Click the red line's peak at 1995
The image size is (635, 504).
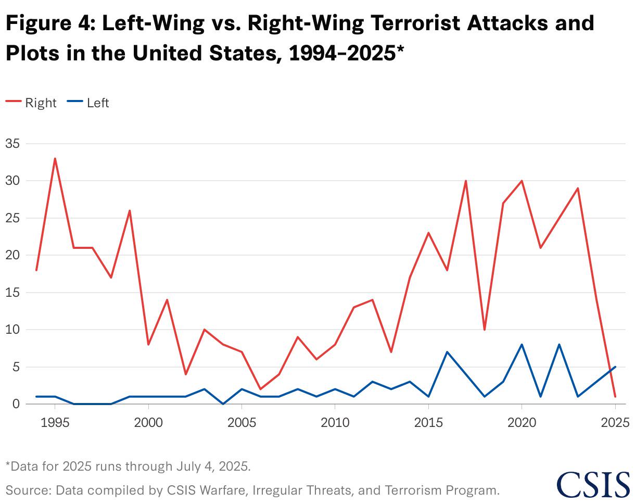55,158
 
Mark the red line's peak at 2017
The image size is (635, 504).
466,181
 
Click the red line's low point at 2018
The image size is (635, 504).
485,330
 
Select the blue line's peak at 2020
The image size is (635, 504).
522,344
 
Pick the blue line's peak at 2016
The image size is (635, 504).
447,352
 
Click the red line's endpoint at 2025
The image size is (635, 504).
615,397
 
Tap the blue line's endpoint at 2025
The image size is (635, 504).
615,367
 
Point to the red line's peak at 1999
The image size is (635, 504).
130,210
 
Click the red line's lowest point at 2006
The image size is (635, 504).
260,389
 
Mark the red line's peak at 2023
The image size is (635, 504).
578,188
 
